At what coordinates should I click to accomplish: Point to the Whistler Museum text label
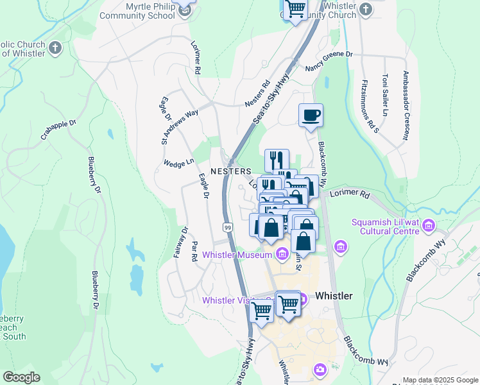[237, 255]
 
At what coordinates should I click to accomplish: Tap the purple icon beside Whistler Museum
[282, 255]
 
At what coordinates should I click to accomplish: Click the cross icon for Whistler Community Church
[366, 9]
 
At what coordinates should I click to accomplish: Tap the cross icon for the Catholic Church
[56, 47]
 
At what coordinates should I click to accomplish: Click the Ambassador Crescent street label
[405, 105]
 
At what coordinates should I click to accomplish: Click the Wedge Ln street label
[179, 163]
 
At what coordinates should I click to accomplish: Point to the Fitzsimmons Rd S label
[366, 107]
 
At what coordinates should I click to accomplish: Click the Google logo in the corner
[21, 377]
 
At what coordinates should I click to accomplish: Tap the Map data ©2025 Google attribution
[440, 380]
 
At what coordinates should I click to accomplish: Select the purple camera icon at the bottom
[320, 370]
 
